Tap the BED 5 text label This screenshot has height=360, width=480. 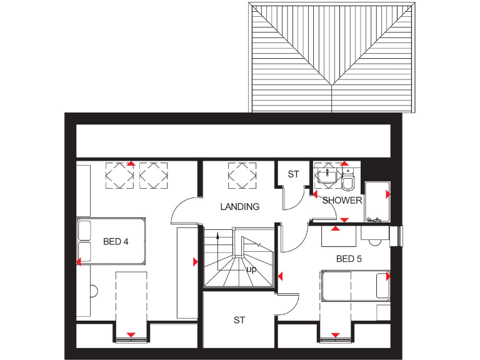tap(349, 258)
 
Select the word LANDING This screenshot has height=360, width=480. tap(239, 207)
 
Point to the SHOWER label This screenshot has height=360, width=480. tap(342, 201)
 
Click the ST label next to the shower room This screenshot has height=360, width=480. tap(293, 174)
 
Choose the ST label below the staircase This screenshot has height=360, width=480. tap(239, 320)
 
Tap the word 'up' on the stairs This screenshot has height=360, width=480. tap(252, 269)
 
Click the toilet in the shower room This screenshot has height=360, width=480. tap(348, 181)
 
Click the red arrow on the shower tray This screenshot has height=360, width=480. tap(387, 194)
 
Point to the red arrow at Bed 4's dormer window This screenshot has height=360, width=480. tap(131, 336)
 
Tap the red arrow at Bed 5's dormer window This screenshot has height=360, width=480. tap(335, 336)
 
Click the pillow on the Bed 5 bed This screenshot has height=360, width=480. tap(382, 286)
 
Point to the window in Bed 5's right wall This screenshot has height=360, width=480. tap(401, 236)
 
